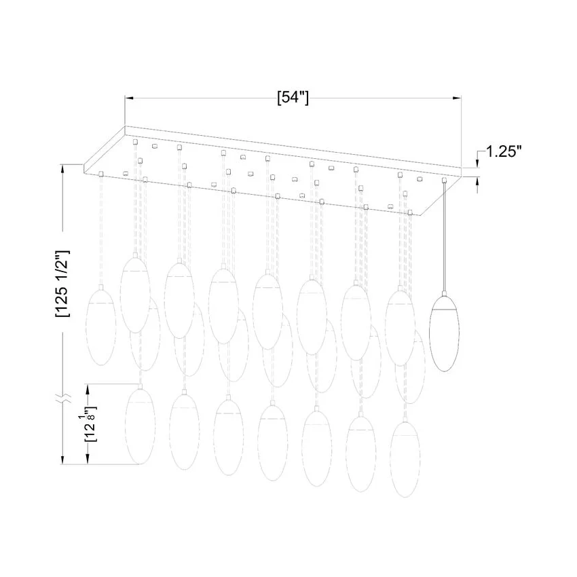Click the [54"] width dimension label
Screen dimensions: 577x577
(293, 98)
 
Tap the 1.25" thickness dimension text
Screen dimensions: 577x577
(504, 151)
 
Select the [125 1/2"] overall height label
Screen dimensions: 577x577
(62, 283)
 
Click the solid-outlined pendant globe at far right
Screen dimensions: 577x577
(445, 334)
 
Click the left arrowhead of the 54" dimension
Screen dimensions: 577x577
(130, 98)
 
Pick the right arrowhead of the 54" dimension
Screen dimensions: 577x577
(457, 98)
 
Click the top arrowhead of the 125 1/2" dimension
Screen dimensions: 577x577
(63, 169)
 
